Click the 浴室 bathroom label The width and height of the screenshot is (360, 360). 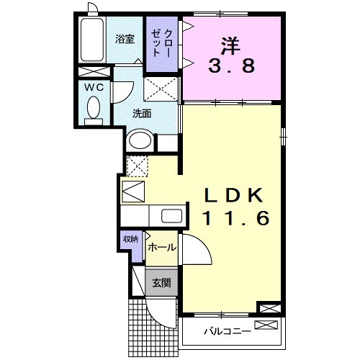point(125,39)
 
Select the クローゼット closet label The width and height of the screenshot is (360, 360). point(162,44)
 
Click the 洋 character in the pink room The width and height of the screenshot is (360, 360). point(230,45)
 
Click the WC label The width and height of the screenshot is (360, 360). point(94,87)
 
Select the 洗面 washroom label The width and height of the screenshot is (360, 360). point(142,113)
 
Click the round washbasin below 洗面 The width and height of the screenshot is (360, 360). point(141,141)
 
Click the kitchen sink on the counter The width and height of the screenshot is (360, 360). point(171,215)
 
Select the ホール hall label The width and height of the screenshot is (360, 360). point(161,247)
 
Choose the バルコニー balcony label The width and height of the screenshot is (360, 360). point(226,332)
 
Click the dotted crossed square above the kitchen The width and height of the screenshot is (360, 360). point(137,165)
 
